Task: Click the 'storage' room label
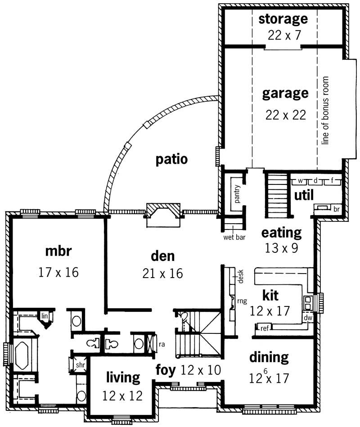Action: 283,19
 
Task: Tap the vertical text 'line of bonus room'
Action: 326,111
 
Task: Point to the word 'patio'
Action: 171,159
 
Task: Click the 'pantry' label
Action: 237,194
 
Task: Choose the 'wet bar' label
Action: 234,237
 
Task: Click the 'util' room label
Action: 304,195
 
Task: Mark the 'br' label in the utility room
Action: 336,209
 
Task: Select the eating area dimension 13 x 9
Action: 281,247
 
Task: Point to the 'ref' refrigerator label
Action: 265,328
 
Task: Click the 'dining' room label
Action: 269,357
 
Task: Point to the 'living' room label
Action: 123,378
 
